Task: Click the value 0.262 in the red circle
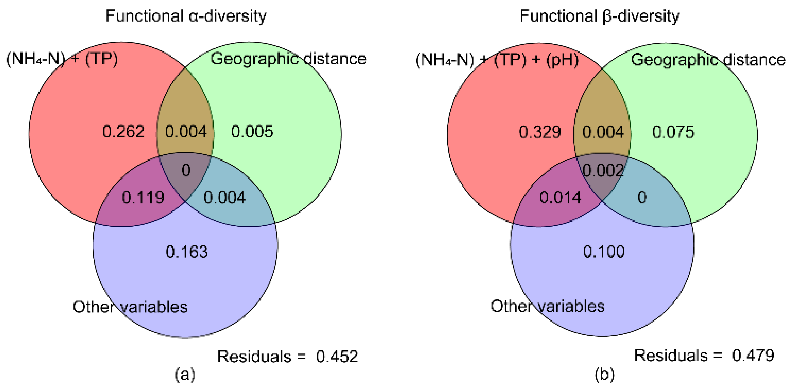(123, 132)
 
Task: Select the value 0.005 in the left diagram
(252, 132)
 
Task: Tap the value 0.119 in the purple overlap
(143, 197)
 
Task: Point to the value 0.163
(186, 252)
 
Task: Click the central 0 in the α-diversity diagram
(186, 170)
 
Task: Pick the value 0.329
(540, 132)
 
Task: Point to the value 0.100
(604, 251)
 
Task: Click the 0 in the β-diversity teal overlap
(642, 197)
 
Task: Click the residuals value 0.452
(337, 356)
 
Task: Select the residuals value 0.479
(753, 356)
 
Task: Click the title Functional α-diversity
(186, 16)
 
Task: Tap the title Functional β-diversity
(600, 16)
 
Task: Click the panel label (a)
(185, 375)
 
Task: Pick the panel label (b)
(604, 375)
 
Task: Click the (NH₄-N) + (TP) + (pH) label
(497, 59)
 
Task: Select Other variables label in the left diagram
(130, 307)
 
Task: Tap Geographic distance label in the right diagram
(708, 59)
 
